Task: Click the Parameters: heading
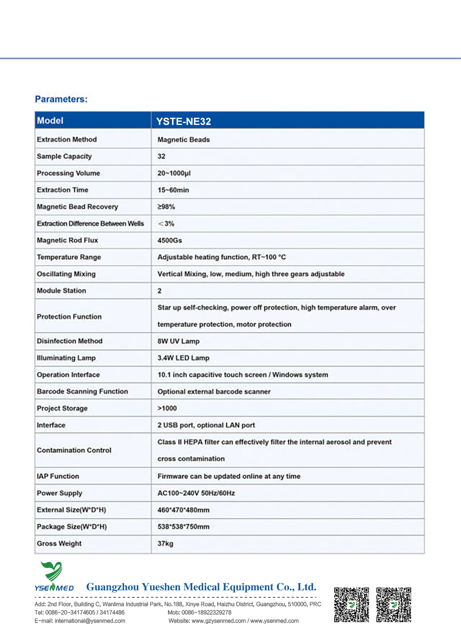pyautogui.click(x=61, y=99)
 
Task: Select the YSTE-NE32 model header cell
pyautogui.click(x=183, y=121)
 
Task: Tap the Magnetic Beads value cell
pyautogui.click(x=183, y=140)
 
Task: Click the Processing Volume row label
pyautogui.click(x=68, y=173)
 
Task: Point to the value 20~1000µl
pyautogui.click(x=174, y=173)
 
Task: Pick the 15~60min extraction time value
pyautogui.click(x=173, y=190)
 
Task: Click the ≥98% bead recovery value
pyautogui.click(x=166, y=207)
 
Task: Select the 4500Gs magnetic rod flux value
pyautogui.click(x=170, y=240)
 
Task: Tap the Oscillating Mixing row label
pyautogui.click(x=66, y=274)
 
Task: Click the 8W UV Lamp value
pyautogui.click(x=178, y=341)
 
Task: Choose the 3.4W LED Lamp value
pyautogui.click(x=183, y=358)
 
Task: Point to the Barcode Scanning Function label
pyautogui.click(x=82, y=392)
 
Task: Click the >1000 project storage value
pyautogui.click(x=167, y=408)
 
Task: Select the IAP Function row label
pyautogui.click(x=58, y=476)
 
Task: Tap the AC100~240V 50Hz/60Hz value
pyautogui.click(x=196, y=493)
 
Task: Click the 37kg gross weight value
pyautogui.click(x=165, y=544)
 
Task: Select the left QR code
pyautogui.click(x=351, y=605)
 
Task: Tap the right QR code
pyautogui.click(x=394, y=605)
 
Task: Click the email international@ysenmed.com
pyautogui.click(x=90, y=621)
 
